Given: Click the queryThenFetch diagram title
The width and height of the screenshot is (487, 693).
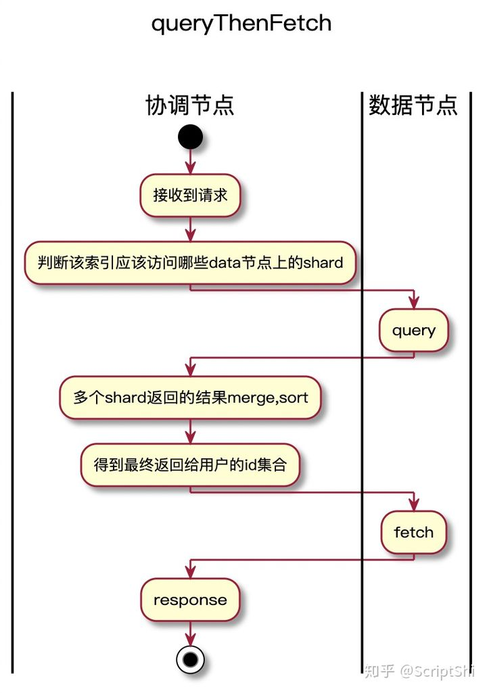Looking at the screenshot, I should pos(241,24).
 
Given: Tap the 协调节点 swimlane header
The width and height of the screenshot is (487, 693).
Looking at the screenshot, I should pos(190,105).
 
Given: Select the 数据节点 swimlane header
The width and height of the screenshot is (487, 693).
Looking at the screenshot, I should pos(413,105).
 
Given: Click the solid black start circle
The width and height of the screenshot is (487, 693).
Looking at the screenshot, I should pos(190,137).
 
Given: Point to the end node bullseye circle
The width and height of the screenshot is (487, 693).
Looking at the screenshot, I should pos(190,659).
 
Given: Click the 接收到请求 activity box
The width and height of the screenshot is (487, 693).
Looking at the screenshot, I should pos(190,196).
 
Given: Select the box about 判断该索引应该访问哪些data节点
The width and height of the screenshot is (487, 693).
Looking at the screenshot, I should pos(190,262).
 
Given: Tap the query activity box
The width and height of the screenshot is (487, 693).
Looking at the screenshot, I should pos(413,331).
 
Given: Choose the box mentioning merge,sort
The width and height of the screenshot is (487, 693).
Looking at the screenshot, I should pos(190,398).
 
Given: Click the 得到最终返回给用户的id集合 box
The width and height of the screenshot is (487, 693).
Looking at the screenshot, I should pos(190,464).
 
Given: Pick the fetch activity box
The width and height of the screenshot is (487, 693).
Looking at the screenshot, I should pos(413,532).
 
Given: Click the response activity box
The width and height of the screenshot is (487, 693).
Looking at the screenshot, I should pos(190,600).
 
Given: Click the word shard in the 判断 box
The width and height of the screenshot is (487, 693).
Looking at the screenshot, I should pos(323,262).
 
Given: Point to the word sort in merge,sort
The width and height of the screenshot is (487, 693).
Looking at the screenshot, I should pos(294,398).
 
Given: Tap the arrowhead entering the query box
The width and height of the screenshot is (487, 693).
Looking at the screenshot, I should pos(413,302).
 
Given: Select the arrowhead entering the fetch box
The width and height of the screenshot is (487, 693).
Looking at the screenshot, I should pos(413,504).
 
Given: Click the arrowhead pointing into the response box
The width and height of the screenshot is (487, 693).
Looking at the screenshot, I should pos(190,571).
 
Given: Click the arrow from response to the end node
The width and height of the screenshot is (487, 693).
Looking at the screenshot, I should pos(190,633).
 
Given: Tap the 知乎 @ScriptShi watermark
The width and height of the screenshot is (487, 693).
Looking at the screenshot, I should pos(419,671).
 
